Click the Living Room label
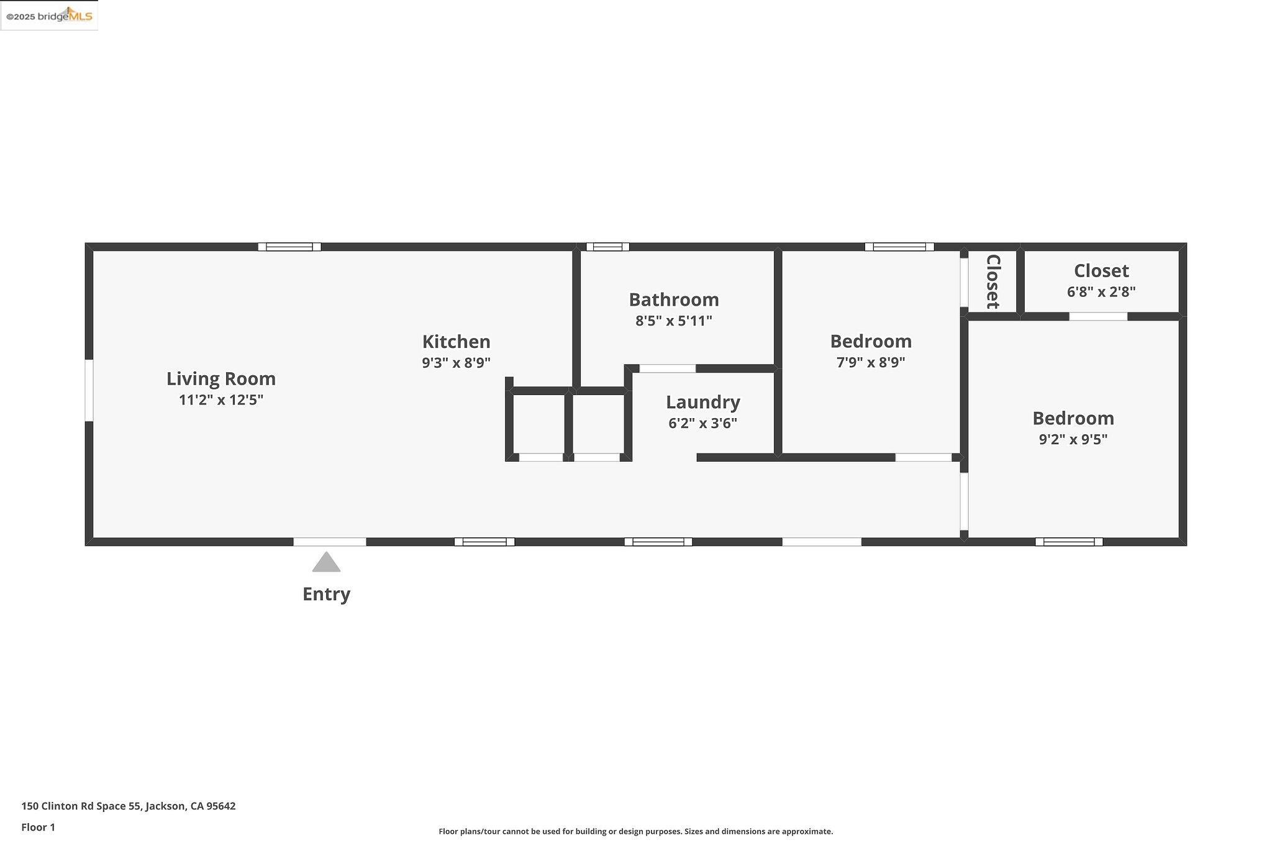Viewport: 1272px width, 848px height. pyautogui.click(x=220, y=378)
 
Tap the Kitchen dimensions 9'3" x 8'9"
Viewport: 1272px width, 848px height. pyautogui.click(x=456, y=363)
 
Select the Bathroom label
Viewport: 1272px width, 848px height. pyautogui.click(x=673, y=299)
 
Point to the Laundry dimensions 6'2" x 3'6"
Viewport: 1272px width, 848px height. pyautogui.click(x=702, y=424)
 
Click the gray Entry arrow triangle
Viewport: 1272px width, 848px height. pyautogui.click(x=326, y=563)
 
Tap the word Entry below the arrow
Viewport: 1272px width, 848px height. pyautogui.click(x=326, y=594)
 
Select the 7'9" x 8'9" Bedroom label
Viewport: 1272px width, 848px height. pyautogui.click(x=870, y=341)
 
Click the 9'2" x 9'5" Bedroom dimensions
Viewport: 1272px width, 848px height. pyautogui.click(x=1073, y=440)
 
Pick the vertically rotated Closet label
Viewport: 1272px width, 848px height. pyautogui.click(x=993, y=281)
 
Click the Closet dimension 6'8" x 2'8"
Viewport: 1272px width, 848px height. pyautogui.click(x=1101, y=292)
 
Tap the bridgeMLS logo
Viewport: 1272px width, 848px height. pyautogui.click(x=49, y=16)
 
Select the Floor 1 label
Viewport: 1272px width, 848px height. pyautogui.click(x=38, y=827)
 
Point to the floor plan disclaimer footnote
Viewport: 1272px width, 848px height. pyautogui.click(x=635, y=832)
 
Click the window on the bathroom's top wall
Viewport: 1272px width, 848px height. pyautogui.click(x=607, y=247)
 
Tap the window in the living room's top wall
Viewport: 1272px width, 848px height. pyautogui.click(x=289, y=247)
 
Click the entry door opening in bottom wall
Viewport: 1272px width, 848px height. pyautogui.click(x=329, y=542)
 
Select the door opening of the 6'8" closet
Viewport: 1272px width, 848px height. pyautogui.click(x=1097, y=317)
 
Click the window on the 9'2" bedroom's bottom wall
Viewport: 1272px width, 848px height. pyautogui.click(x=1068, y=542)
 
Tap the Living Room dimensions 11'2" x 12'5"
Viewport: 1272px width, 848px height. pyautogui.click(x=220, y=400)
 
